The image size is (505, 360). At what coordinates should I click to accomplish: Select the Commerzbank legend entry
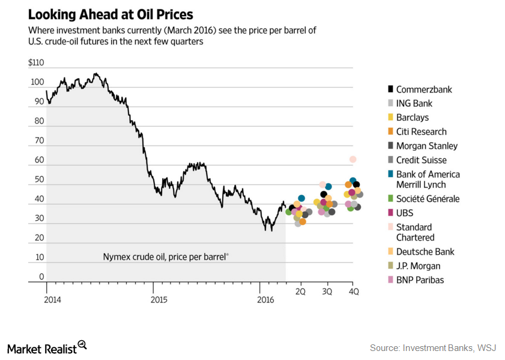pos(423,89)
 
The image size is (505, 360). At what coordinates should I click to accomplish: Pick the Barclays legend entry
pos(412,118)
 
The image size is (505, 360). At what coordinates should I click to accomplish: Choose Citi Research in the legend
pos(421,131)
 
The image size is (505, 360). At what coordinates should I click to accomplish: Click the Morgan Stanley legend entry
pos(426,146)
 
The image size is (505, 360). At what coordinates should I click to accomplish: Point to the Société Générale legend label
pos(428,199)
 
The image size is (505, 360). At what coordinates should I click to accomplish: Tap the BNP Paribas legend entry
pos(420,280)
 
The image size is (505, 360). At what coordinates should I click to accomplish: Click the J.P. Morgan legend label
pos(418,266)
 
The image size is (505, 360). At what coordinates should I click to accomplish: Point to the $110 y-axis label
pos(36,62)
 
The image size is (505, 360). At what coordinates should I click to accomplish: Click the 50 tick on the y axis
pos(40,179)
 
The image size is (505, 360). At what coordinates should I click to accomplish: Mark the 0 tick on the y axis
pos(41,277)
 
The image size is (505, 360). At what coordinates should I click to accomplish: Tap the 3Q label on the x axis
pos(327,292)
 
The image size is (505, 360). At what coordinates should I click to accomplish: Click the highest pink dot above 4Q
pos(353,159)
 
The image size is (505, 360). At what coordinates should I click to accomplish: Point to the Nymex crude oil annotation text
pos(165,256)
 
